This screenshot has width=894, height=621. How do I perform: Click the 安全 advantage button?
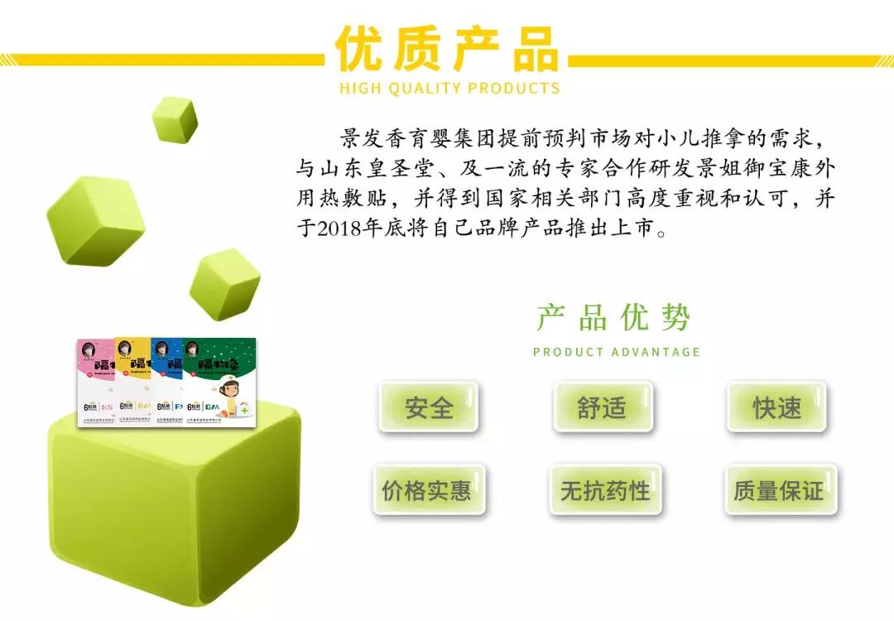pyautogui.click(x=429, y=407)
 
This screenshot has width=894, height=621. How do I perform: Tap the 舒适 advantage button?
pyautogui.click(x=602, y=407)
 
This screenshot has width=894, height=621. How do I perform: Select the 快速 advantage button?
pyautogui.click(x=776, y=407)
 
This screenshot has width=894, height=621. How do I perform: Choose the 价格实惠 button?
pyautogui.click(x=427, y=490)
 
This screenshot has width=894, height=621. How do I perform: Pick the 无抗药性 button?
pyautogui.click(x=605, y=490)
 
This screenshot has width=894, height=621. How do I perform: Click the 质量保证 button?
pyautogui.click(x=778, y=490)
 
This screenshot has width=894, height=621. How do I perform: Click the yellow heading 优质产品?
pyautogui.click(x=447, y=50)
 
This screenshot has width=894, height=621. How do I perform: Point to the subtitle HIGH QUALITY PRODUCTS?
pyautogui.click(x=449, y=89)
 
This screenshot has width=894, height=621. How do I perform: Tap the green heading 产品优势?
pyautogui.click(x=613, y=318)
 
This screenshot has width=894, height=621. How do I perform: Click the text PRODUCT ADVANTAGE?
pyautogui.click(x=617, y=352)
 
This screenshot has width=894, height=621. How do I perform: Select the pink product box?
pyautogui.click(x=94, y=381)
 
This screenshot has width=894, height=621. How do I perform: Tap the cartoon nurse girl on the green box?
pyautogui.click(x=230, y=390)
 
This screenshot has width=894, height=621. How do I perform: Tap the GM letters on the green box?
pyautogui.click(x=212, y=407)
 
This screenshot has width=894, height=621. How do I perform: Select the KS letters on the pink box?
pyautogui.click(x=106, y=407)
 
